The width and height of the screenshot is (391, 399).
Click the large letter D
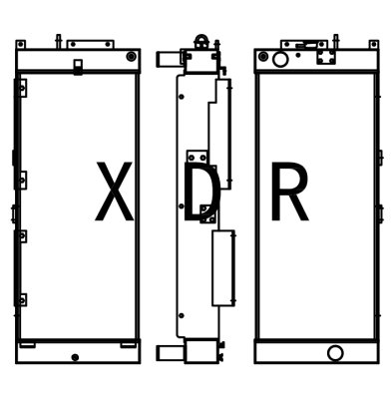(201, 195)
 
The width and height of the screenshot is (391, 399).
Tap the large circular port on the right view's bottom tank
(335, 352)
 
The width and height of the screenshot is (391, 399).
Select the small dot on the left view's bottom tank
(76, 356)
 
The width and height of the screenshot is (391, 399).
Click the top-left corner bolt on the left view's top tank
(24, 54)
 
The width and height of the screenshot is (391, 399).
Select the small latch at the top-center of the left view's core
(78, 67)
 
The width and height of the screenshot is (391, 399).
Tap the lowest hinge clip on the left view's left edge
(21, 299)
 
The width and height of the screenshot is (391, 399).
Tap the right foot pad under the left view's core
(128, 344)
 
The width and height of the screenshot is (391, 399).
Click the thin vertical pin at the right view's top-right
(335, 40)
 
